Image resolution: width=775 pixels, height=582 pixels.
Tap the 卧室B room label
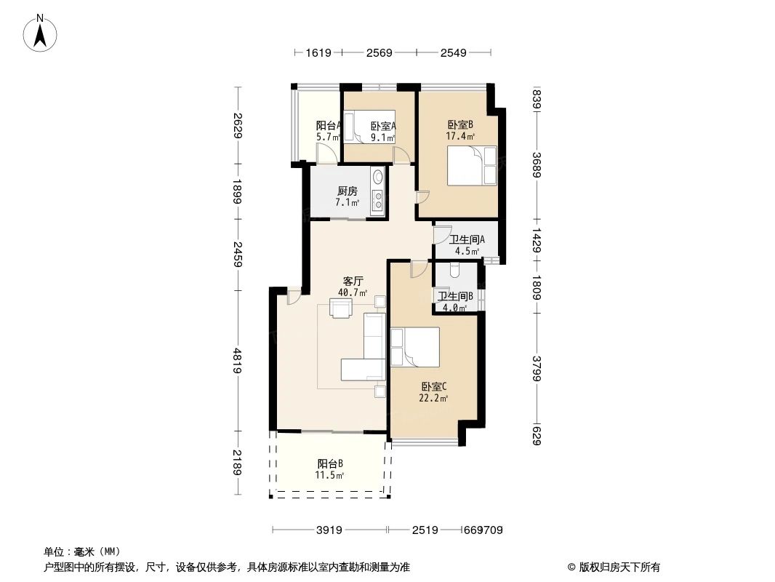coord(460,124)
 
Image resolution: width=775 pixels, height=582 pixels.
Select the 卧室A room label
coord(382,125)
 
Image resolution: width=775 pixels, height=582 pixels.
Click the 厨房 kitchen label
coord(347,191)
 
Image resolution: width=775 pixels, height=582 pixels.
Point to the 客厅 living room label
coord(353,281)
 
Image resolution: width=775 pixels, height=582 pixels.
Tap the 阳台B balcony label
coord(329,463)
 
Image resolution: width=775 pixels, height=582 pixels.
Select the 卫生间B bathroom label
coord(455,296)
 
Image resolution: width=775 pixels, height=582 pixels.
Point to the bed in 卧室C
coord(415,346)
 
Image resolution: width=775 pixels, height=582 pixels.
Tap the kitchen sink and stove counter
coord(377,192)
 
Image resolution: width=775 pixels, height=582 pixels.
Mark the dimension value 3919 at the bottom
coord(329,530)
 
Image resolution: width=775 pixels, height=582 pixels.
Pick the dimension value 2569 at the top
coord(379,52)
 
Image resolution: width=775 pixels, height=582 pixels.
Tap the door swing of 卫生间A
coord(441,236)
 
